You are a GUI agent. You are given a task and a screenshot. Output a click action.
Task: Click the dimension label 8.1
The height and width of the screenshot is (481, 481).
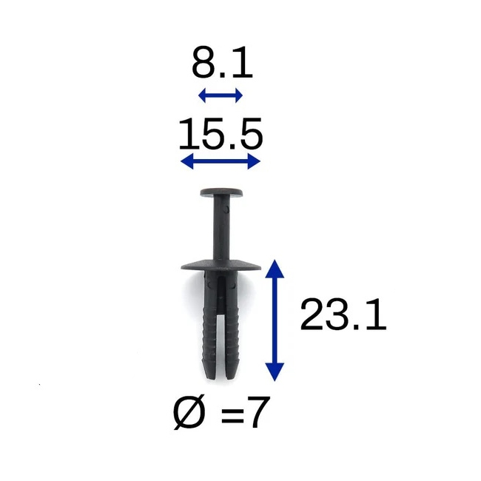(x=222, y=63)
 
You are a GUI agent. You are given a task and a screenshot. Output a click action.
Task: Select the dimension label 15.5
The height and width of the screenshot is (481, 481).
(x=221, y=134)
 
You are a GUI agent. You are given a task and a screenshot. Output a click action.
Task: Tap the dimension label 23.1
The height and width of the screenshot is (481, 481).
(x=343, y=314)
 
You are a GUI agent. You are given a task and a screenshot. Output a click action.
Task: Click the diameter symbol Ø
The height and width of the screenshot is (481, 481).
(x=189, y=413)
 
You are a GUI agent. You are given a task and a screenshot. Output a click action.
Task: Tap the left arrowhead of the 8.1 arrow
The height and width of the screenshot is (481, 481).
(x=202, y=95)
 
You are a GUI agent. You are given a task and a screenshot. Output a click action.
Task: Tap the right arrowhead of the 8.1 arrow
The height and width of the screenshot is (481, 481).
(x=239, y=95)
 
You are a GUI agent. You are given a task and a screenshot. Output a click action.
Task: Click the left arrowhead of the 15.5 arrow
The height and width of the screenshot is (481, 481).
(x=186, y=161)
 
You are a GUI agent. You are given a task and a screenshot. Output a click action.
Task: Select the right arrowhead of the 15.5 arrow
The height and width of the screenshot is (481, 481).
(x=254, y=161)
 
